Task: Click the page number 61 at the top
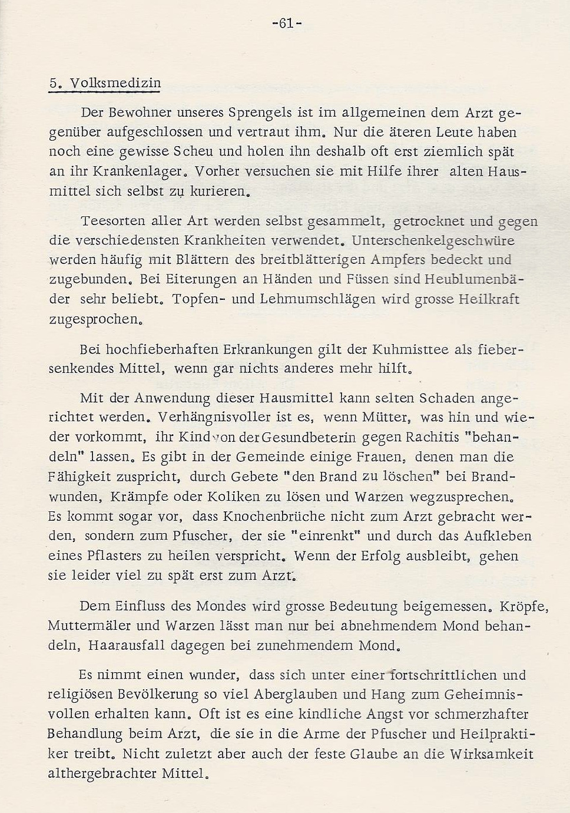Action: click(287, 24)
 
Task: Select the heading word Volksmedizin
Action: click(115, 83)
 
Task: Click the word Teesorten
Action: click(112, 222)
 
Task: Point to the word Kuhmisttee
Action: click(404, 349)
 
